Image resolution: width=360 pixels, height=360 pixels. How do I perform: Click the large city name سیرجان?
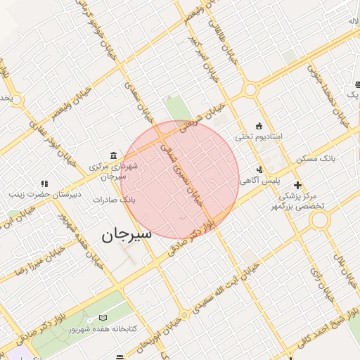point(127,235)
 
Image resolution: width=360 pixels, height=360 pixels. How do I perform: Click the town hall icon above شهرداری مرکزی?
point(114,155)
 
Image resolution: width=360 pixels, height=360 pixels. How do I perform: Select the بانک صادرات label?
point(114,200)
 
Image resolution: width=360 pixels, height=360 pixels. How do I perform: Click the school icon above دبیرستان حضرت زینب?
point(44,183)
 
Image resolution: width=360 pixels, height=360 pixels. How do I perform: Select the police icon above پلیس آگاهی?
point(260,169)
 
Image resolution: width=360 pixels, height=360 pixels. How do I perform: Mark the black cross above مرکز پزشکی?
point(299,186)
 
